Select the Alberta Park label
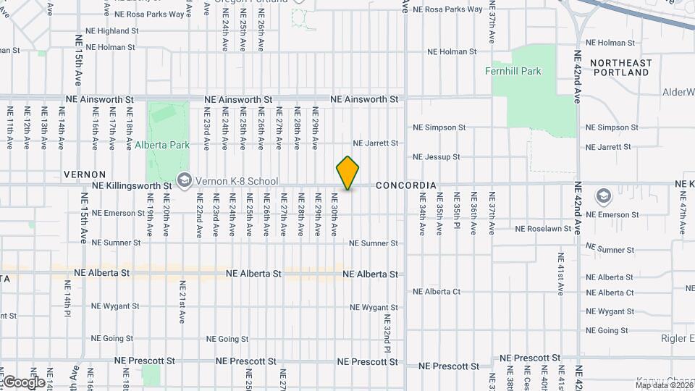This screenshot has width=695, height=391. (162, 145)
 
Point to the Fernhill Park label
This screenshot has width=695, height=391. (513, 72)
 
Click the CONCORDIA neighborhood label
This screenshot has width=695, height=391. (406, 186)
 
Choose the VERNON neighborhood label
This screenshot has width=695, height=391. (85, 175)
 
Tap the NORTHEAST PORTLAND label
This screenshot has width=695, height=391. (620, 68)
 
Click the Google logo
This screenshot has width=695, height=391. (23, 382)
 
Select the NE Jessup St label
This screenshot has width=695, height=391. (436, 157)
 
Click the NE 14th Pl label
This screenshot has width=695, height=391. (67, 305)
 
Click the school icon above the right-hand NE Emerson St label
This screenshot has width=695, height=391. (602, 196)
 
